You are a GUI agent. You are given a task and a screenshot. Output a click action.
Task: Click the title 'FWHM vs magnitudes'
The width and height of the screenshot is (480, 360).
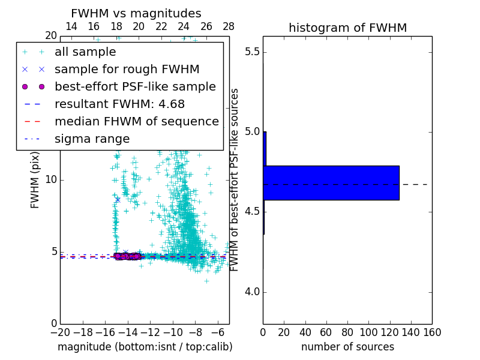(136, 14)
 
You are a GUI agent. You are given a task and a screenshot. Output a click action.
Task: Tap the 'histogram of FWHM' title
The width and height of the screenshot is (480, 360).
(347, 28)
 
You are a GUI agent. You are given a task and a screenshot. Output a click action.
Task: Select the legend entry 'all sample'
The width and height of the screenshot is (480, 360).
(85, 52)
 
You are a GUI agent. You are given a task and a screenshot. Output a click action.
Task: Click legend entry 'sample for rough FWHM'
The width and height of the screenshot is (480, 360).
(127, 69)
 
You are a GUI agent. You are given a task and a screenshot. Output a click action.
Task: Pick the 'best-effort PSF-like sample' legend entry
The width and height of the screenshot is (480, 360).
(135, 86)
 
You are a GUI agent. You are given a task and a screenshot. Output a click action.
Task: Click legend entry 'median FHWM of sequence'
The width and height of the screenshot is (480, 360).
(136, 121)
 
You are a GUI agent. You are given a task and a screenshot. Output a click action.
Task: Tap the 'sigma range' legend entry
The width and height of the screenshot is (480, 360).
(92, 139)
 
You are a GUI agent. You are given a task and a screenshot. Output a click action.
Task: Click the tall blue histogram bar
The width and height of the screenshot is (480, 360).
(331, 182)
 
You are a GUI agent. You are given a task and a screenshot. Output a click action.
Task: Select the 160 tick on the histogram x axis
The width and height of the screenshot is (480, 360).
(432, 332)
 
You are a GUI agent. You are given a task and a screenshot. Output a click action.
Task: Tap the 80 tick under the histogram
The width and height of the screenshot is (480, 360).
(347, 332)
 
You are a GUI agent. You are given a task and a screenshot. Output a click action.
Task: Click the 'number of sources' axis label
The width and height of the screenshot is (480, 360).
(347, 347)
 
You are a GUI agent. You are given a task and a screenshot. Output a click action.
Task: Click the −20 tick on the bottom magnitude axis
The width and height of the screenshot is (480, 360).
(60, 332)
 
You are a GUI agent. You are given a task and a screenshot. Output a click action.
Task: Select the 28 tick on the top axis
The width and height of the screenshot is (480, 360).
(229, 26)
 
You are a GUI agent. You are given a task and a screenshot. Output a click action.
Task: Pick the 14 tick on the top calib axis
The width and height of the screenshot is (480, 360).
(71, 26)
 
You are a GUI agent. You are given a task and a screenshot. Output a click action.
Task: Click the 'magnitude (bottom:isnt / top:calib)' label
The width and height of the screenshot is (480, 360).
(145, 347)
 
